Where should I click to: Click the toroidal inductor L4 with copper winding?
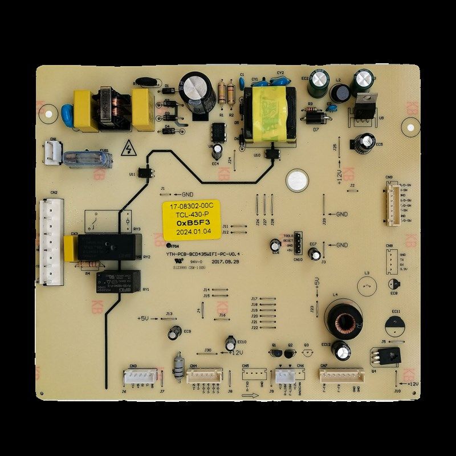click(341, 320)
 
